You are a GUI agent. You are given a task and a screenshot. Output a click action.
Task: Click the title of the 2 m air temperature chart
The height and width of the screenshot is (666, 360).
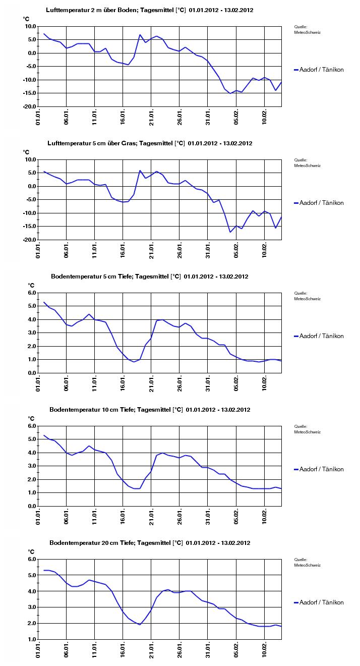(x=149, y=10)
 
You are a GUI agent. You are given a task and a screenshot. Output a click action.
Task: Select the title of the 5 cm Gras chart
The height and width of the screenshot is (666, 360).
(x=149, y=143)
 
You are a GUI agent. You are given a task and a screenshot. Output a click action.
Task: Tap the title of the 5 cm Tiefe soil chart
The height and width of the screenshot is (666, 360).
(x=149, y=276)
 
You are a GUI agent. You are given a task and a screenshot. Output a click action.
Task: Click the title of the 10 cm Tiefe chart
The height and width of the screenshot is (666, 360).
(x=149, y=410)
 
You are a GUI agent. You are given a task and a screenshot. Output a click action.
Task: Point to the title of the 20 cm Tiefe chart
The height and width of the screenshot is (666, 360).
(x=149, y=543)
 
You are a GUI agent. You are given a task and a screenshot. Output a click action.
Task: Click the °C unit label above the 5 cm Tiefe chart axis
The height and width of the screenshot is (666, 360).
(x=31, y=285)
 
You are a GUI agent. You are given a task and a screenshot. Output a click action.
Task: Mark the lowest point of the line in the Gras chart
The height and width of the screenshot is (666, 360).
(x=230, y=232)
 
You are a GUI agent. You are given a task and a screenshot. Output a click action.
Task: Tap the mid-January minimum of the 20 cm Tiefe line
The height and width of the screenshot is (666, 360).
(x=140, y=625)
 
